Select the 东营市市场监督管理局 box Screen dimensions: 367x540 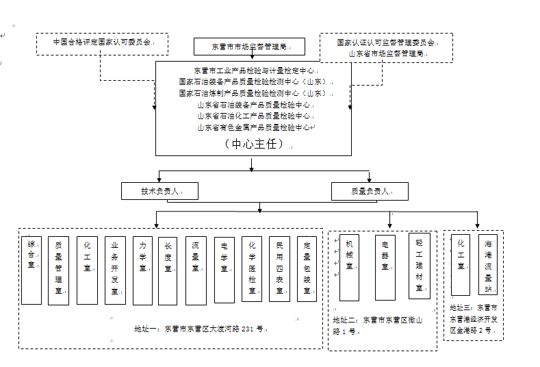248,47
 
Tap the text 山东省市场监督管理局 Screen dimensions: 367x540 386,53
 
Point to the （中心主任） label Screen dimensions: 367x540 253,144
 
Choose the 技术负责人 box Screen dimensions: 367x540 159,191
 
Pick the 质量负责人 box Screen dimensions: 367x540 370,191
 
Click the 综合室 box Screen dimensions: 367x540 31,270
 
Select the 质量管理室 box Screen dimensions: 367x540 59,270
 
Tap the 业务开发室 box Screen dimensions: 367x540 115,270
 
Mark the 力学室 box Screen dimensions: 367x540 142,270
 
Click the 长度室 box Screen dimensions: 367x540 168,270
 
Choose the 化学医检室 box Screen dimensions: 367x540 252,270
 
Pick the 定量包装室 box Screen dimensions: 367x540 307,270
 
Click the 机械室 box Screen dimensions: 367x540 349,268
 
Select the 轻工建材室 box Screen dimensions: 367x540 419,266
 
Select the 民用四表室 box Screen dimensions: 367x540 279,270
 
